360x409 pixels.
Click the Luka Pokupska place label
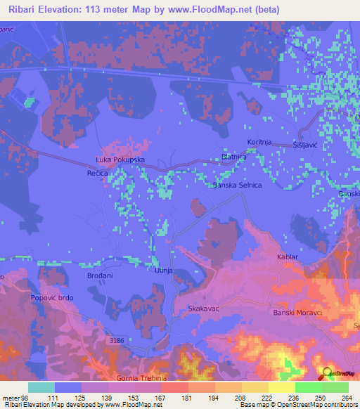120,160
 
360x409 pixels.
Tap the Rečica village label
97,172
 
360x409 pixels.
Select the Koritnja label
259,142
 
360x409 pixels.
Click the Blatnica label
233,157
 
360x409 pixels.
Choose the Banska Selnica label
238,185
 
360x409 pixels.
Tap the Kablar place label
288,257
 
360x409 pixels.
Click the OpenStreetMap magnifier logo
326,372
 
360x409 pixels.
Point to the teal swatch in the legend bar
41,387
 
